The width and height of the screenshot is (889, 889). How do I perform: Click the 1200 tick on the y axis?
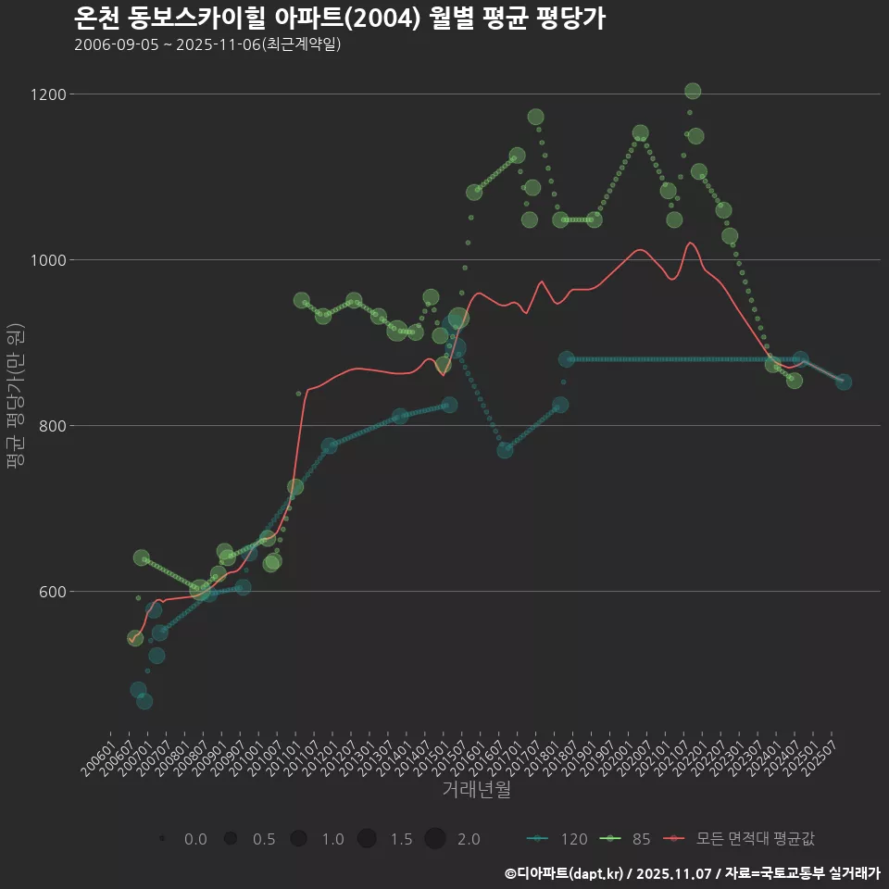(x=48, y=94)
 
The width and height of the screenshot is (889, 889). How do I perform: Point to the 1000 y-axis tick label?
(x=48, y=260)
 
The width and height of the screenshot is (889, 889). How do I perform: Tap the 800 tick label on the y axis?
(x=52, y=426)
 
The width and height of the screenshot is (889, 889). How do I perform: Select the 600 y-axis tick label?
(x=52, y=592)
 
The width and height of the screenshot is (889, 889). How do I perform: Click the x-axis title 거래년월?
(x=476, y=790)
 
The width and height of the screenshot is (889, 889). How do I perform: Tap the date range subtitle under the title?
(x=207, y=44)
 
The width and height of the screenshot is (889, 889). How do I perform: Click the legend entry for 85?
(x=629, y=839)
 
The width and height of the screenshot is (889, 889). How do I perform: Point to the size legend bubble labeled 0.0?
(x=162, y=839)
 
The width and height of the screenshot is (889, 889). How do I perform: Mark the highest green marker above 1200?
(x=692, y=91)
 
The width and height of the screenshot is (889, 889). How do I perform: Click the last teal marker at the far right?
(x=844, y=382)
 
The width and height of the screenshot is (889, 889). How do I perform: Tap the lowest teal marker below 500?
(x=144, y=701)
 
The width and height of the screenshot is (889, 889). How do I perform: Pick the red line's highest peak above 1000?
(x=690, y=243)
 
